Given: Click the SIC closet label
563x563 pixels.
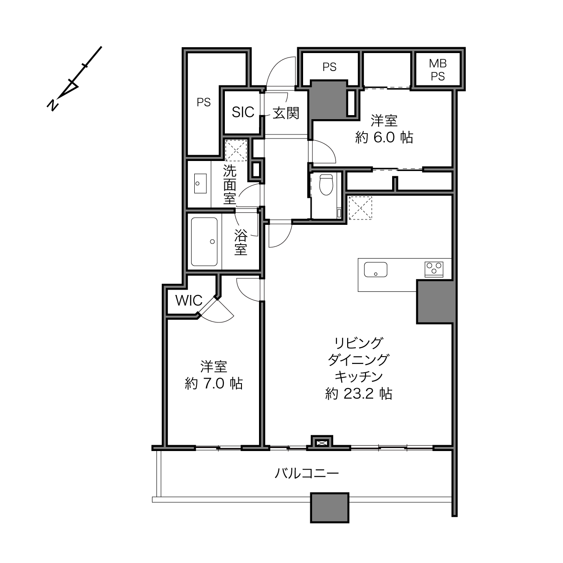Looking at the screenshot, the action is pos(243,112).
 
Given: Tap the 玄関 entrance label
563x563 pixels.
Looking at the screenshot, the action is pos(286,113).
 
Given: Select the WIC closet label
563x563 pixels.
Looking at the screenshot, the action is pos(189,300).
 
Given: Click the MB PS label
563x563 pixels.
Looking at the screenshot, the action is pos(438,70).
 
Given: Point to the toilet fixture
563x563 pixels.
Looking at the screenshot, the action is pos(326,185).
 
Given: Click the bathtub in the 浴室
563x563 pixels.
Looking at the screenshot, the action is pos(204,241).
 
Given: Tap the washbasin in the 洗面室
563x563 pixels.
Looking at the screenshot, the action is pos(200,183).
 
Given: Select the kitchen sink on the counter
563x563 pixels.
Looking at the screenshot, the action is pos(375,269).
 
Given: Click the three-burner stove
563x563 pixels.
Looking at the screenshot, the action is pos(434,269).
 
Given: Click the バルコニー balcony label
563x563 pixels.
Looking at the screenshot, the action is pos(307,473).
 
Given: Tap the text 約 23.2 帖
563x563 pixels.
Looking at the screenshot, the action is pos(358,394).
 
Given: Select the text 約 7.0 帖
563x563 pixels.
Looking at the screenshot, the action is pos(214,384).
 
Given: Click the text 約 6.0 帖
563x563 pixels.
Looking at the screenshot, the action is pos(384,137).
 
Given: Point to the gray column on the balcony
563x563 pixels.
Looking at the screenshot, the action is pos(330,508).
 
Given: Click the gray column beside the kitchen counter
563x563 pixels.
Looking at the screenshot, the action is pos(435,302).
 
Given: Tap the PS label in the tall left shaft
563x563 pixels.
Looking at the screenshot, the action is pos(204,102).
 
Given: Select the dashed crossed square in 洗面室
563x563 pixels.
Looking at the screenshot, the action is pos(236,151).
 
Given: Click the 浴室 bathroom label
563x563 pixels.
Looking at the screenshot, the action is pos(241,242).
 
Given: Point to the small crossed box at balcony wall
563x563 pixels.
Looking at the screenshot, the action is pos(322,443).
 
